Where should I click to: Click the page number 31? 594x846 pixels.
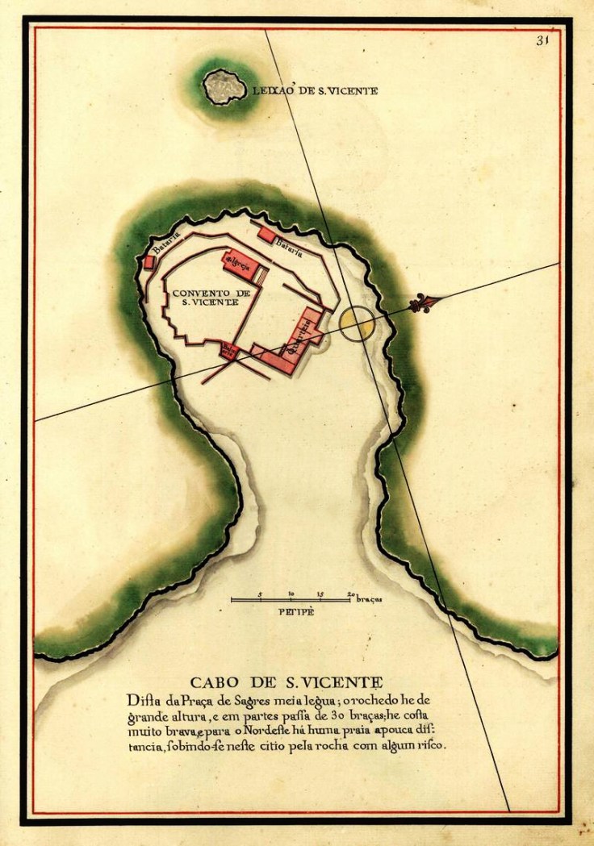542,41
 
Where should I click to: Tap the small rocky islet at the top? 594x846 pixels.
224,87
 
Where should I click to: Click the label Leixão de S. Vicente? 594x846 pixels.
315,91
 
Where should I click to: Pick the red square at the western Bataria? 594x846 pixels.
148,263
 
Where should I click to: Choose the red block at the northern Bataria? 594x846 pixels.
266,234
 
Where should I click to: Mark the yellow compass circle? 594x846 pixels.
357,323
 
